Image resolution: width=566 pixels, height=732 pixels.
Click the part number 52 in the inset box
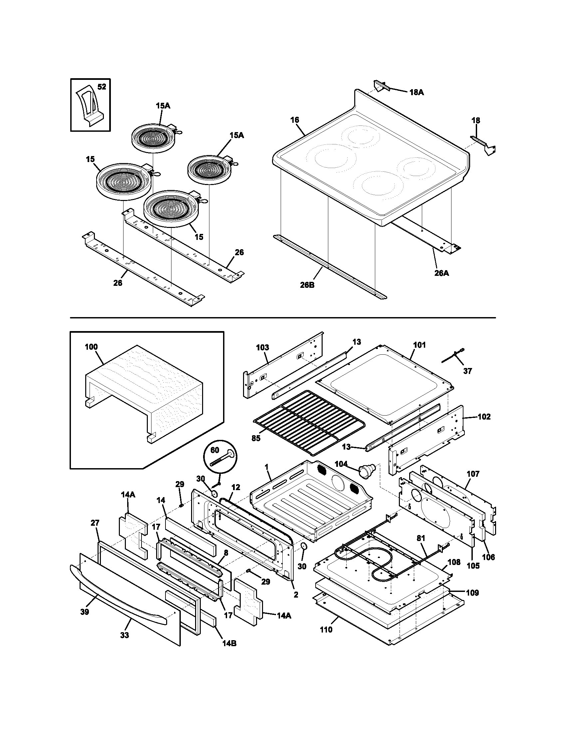coord(102,87)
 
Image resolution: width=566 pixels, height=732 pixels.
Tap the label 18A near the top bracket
coord(417,92)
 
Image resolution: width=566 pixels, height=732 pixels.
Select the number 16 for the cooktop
coord(295,120)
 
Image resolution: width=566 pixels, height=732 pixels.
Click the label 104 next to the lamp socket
coord(341,464)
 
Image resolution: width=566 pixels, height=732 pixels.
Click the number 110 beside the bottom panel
coord(326,630)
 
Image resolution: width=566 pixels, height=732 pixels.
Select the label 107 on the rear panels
coord(473,474)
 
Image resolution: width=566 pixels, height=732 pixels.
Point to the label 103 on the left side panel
coord(262,348)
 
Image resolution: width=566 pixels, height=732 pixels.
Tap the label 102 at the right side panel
coord(484,417)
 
